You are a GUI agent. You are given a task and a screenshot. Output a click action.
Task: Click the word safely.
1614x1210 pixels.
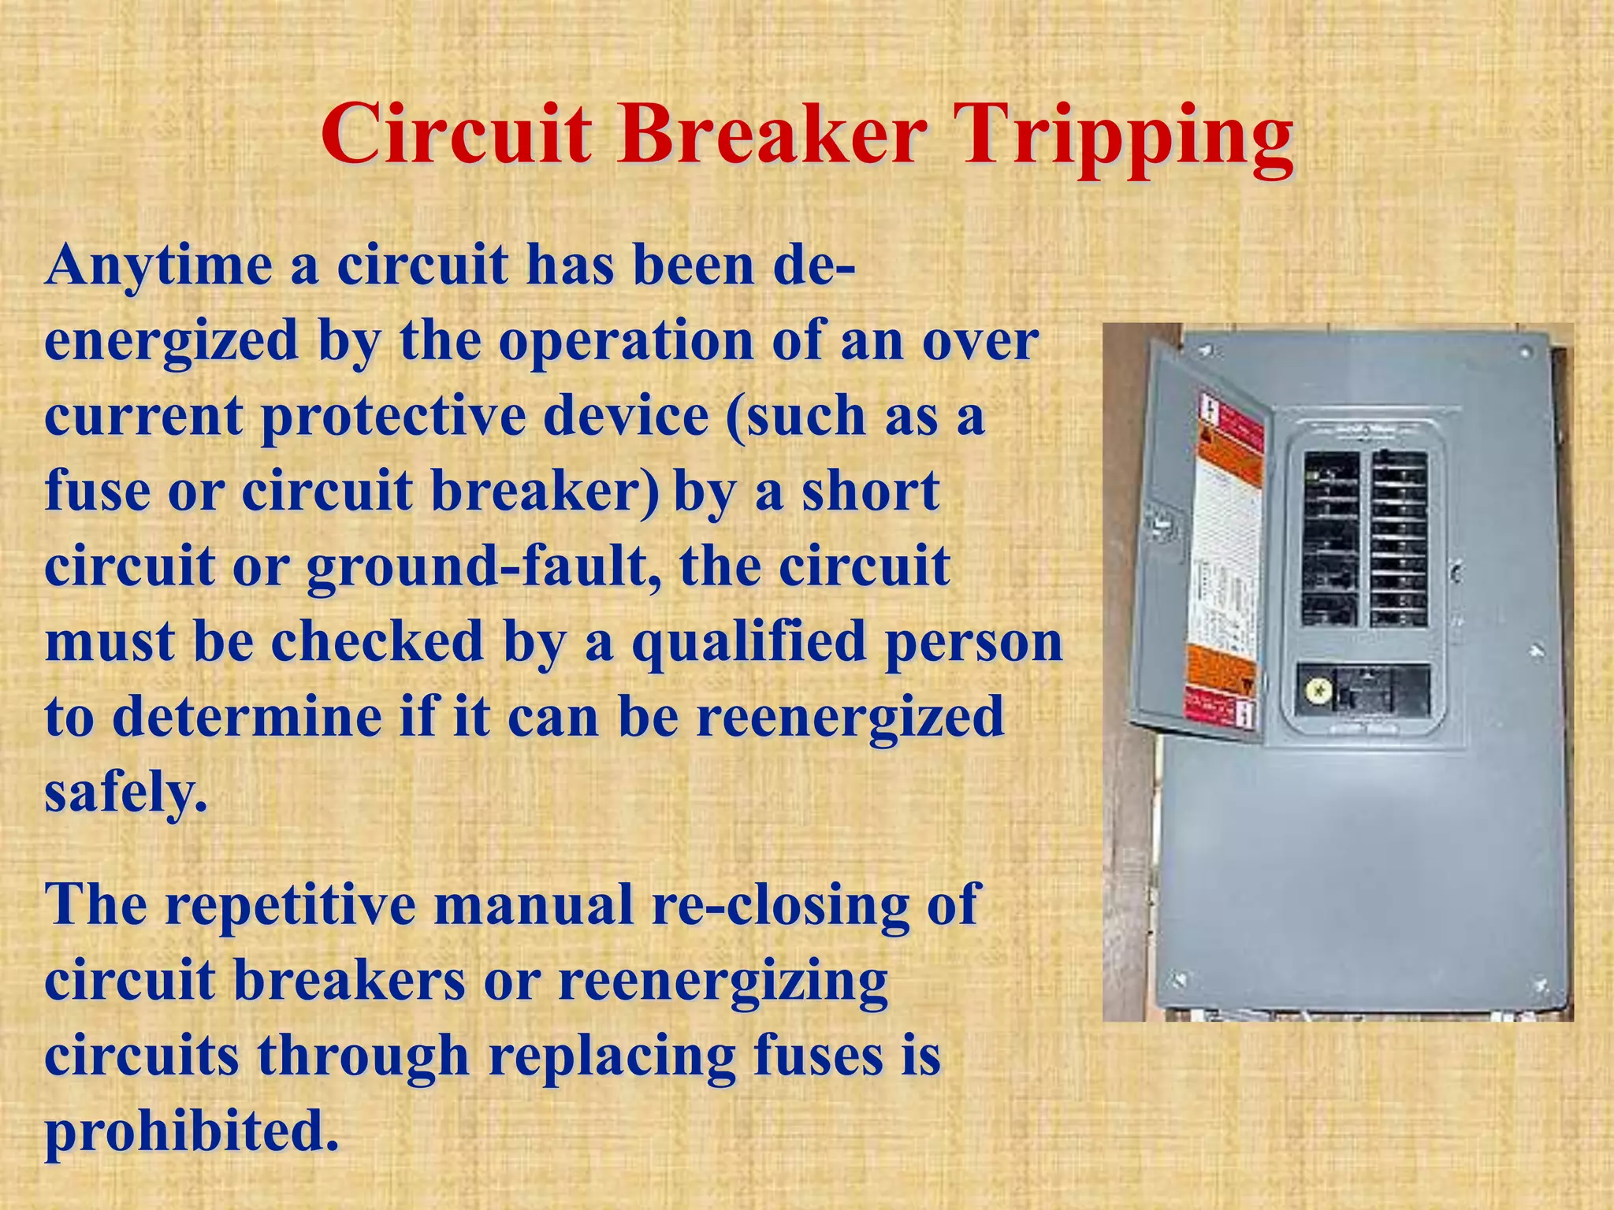click(x=126, y=792)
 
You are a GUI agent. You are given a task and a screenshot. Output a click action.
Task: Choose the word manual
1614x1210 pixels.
click(x=534, y=904)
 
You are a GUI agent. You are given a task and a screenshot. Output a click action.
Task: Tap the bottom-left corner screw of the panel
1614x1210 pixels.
click(x=1180, y=979)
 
